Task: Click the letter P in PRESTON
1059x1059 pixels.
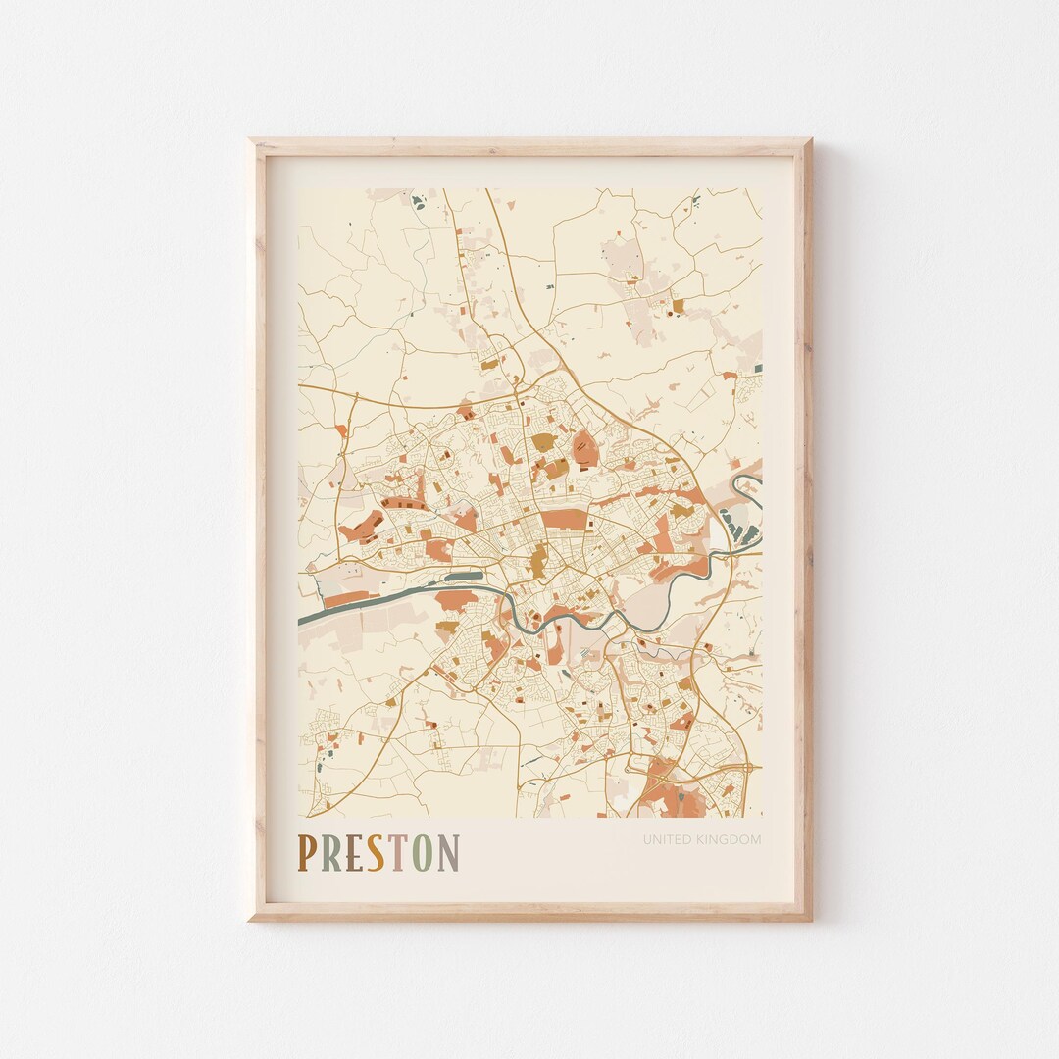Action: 307,853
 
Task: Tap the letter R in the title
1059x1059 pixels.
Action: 329,853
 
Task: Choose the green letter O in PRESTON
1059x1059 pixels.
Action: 422,853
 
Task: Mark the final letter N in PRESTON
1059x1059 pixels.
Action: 448,853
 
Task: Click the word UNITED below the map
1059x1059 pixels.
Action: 664,839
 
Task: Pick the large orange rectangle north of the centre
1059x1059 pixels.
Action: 562,519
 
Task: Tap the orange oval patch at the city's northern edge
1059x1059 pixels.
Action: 585,448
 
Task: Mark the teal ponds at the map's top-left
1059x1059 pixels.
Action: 419,202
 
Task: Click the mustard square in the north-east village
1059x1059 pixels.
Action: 678,307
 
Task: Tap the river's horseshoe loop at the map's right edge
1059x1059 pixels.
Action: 749,486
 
